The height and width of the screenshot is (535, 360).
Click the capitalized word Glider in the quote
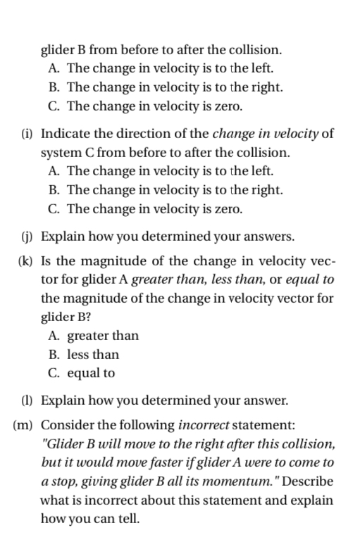[66, 444]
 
